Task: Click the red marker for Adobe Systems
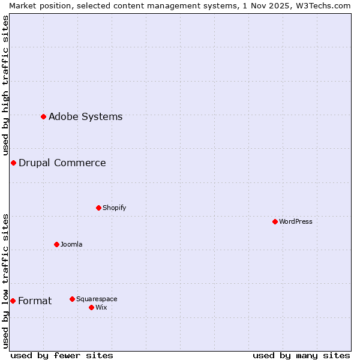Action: [x=43, y=116]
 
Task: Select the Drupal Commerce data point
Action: [x=13, y=163]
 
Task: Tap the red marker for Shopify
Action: [x=98, y=208]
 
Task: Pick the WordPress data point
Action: [x=275, y=221]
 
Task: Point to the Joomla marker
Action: [x=56, y=244]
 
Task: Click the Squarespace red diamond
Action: [x=72, y=299]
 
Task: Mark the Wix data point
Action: [x=91, y=307]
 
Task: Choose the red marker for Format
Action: [x=13, y=301]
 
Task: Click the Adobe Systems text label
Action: [x=85, y=117]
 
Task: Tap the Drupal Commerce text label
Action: [x=62, y=163]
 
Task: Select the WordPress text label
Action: [x=295, y=222]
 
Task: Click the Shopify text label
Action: [x=114, y=208]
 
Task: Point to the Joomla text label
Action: [x=71, y=245]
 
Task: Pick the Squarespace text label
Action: [x=97, y=299]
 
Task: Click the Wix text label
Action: [x=101, y=308]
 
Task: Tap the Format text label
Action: [x=35, y=301]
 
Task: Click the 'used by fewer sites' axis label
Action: [x=62, y=355]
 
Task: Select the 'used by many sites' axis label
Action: [x=301, y=355]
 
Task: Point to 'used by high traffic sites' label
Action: [x=6, y=85]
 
